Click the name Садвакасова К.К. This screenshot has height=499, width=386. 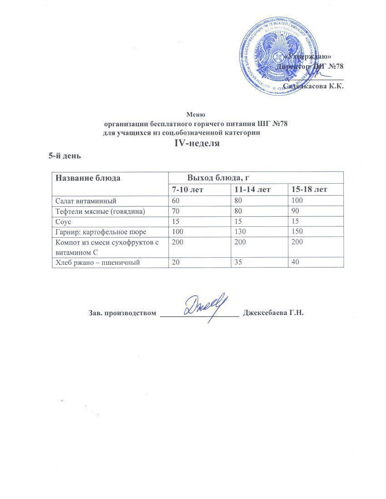pyautogui.click(x=313, y=86)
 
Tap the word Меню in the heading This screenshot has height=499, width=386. pyautogui.click(x=196, y=115)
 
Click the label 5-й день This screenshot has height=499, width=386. pyautogui.click(x=64, y=156)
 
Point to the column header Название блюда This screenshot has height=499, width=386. pyautogui.click(x=88, y=178)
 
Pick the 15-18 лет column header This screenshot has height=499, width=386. pyautogui.click(x=310, y=189)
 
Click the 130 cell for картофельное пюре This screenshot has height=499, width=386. pyautogui.click(x=240, y=232)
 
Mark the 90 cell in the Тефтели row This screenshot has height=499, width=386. pyautogui.click(x=296, y=211)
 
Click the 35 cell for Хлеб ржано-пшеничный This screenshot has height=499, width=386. pyautogui.click(x=238, y=263)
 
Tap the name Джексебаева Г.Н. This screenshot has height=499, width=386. pyautogui.click(x=273, y=313)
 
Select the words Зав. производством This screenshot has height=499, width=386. pyautogui.click(x=122, y=313)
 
